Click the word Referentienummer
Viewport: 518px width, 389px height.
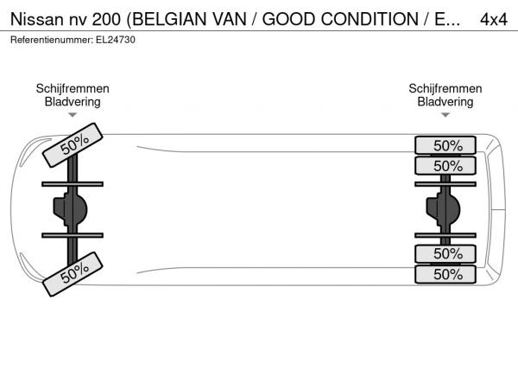[47, 40]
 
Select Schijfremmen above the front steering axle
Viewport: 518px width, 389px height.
[73, 89]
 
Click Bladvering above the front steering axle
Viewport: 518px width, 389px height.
[73, 102]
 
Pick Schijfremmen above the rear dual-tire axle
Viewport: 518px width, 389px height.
[445, 89]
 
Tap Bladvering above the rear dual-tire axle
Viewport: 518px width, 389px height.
[445, 102]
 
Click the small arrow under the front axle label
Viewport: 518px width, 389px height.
[73, 115]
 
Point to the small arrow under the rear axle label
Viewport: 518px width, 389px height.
[445, 115]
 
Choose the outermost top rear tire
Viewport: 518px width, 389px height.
[446, 145]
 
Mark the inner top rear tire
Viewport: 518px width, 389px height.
[446, 165]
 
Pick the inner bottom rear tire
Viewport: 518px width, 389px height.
[446, 254]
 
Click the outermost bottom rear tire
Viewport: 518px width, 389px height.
[446, 274]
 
